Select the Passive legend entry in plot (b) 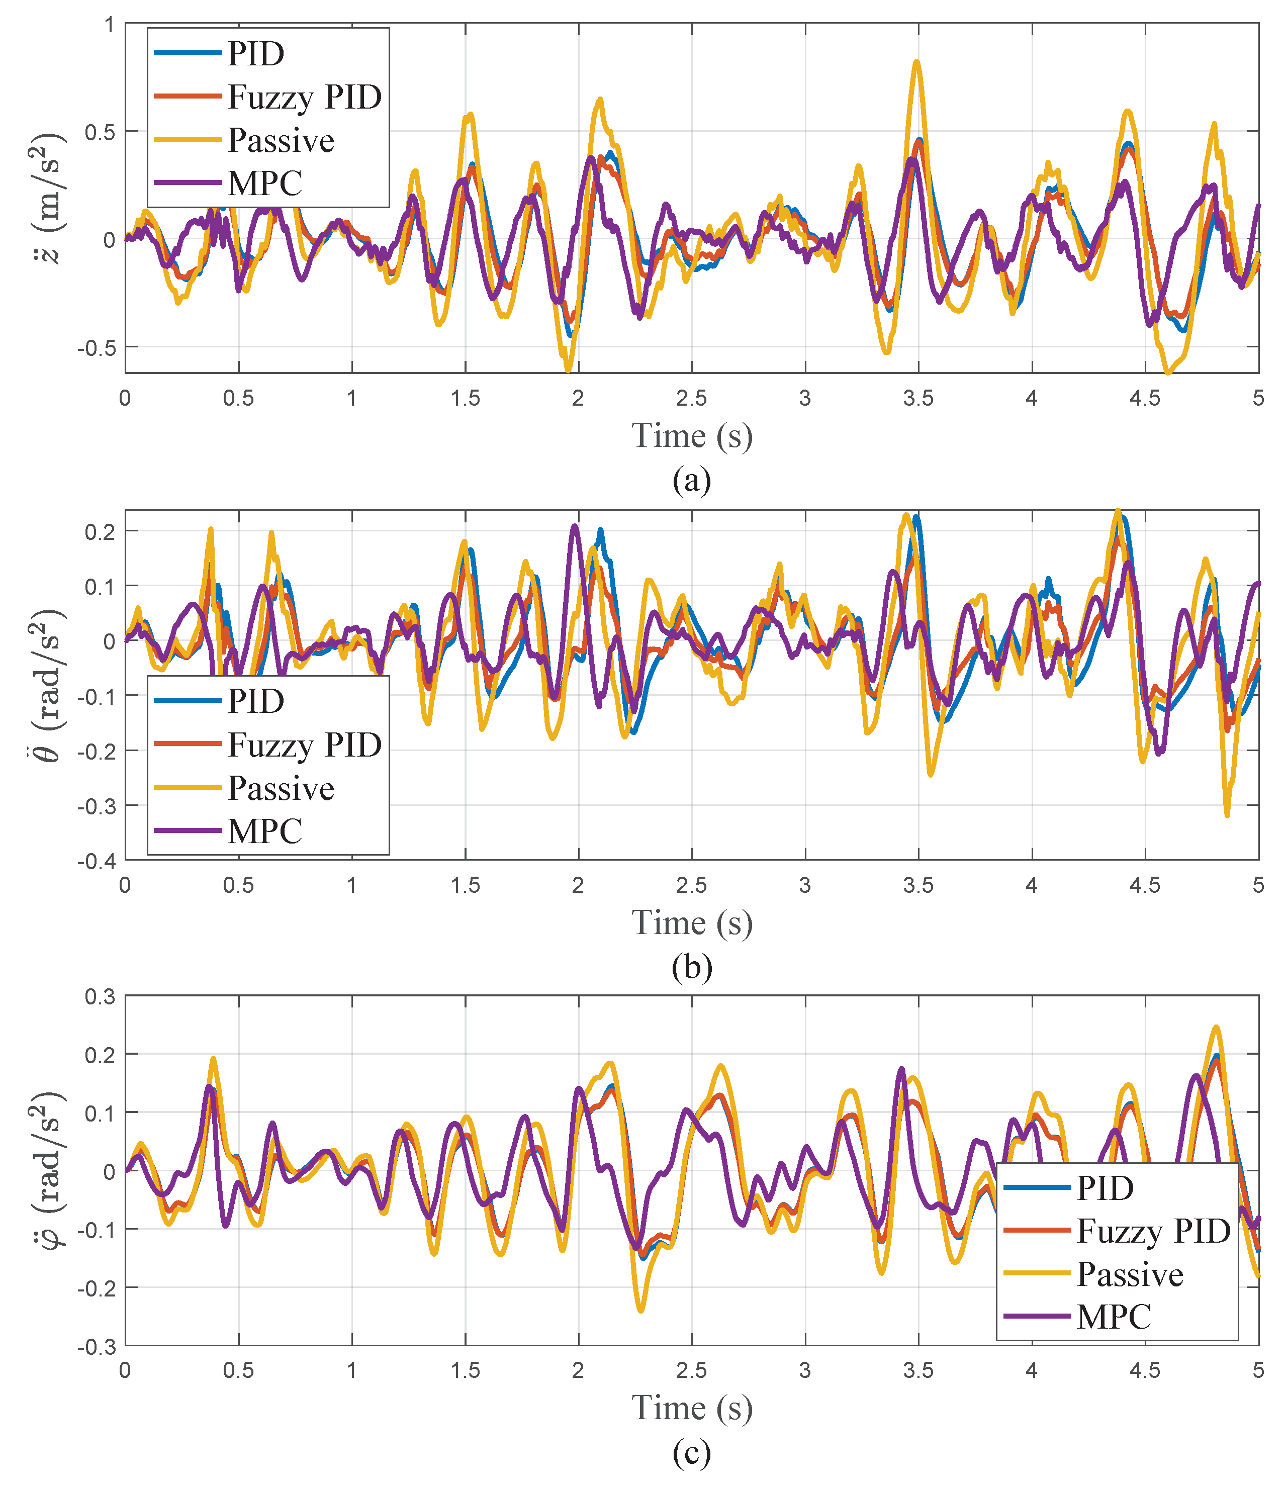pyautogui.click(x=281, y=788)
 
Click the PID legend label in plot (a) pyautogui.click(x=255, y=54)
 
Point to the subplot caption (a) pyautogui.click(x=692, y=480)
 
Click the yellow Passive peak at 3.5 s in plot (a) pyautogui.click(x=917, y=62)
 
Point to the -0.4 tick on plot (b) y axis pyautogui.click(x=99, y=861)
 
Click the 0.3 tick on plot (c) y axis pyautogui.click(x=101, y=997)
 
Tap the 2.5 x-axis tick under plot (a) pyautogui.click(x=692, y=398)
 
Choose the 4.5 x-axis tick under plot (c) pyautogui.click(x=1145, y=1370)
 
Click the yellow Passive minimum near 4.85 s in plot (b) pyautogui.click(x=1227, y=814)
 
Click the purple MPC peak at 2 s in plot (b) pyautogui.click(x=575, y=526)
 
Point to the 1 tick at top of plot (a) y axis pyautogui.click(x=109, y=25)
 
